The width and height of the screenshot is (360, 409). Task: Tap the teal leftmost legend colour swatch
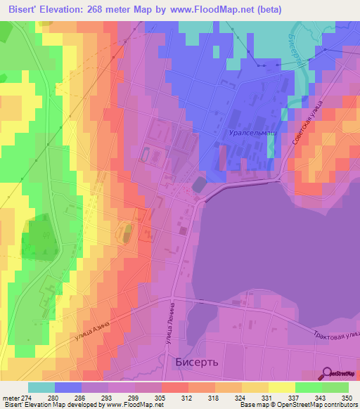[41, 387]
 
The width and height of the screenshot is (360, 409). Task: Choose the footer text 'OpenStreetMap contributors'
[314, 405]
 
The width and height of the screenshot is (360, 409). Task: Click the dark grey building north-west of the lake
[200, 184]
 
